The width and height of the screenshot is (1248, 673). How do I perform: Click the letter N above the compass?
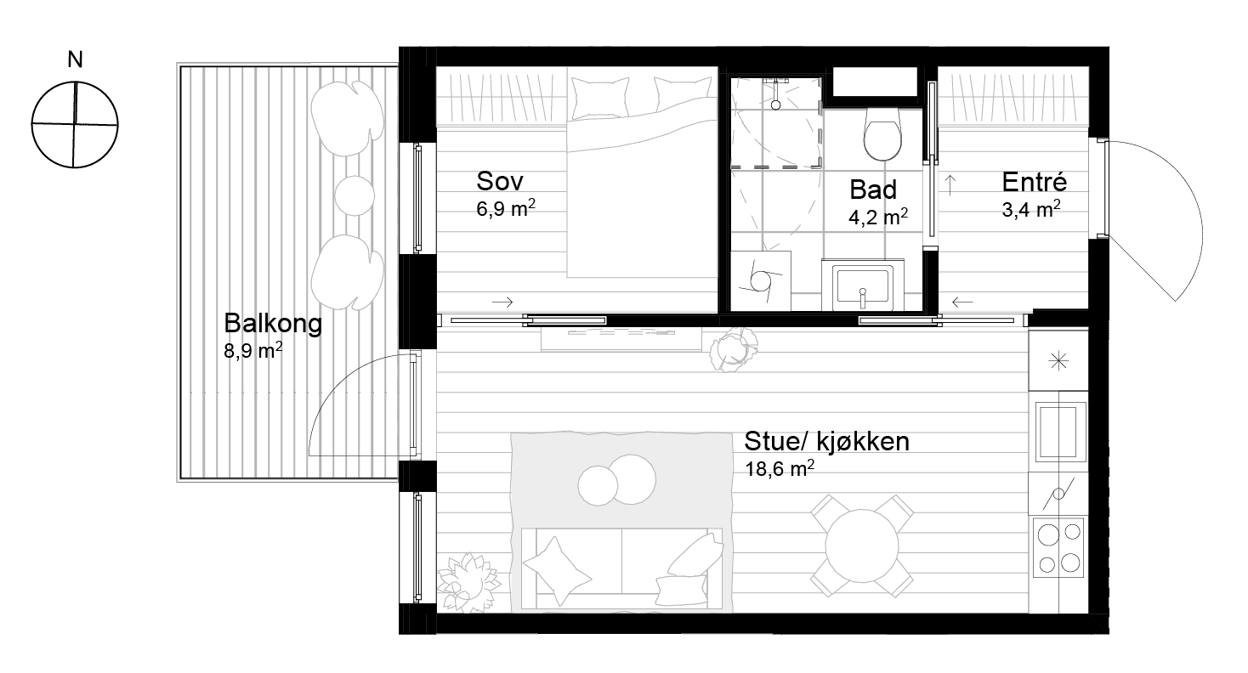[x=75, y=59]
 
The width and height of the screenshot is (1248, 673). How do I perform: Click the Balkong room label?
[x=273, y=324]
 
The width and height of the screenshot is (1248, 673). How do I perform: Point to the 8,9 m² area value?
[x=253, y=350]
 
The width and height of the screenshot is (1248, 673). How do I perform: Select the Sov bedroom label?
[x=500, y=181]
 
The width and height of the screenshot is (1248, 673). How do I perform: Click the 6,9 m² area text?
[x=506, y=208]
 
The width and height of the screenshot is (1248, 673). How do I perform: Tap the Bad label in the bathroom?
[x=873, y=189]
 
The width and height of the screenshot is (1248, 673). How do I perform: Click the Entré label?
[x=1034, y=182]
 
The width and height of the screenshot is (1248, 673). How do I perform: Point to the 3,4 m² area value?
[x=1031, y=209]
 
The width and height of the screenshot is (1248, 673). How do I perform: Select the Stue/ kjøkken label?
[x=827, y=441]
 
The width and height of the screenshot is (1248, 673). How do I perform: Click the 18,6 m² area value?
[x=780, y=469]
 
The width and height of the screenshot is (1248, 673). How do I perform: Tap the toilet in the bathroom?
[x=882, y=133]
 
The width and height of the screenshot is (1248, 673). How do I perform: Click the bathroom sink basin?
[x=862, y=287]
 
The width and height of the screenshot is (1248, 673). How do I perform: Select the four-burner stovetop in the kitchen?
[x=1058, y=548]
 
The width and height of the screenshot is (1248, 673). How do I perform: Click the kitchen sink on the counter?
[x=1061, y=432]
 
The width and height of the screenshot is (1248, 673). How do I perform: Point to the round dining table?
[x=862, y=546]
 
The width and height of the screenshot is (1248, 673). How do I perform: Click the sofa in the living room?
[x=621, y=568]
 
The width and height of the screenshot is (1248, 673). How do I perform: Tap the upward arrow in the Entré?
[x=950, y=184]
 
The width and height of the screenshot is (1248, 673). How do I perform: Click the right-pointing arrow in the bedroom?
[x=502, y=303]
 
